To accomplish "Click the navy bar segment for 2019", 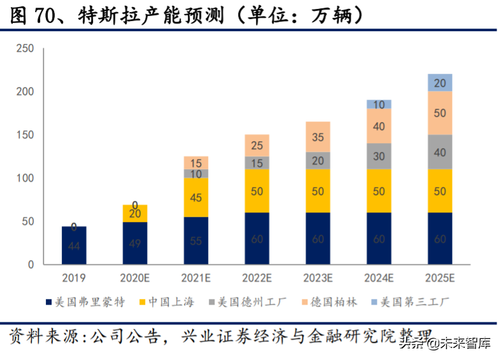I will pyautogui.click(x=74, y=246).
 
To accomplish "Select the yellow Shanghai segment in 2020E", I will pyautogui.click(x=134, y=214).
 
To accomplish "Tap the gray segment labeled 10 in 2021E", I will pyautogui.click(x=195, y=174).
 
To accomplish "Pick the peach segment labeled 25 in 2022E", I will pyautogui.click(x=257, y=146).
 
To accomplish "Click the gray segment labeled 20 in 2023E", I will pyautogui.click(x=318, y=160).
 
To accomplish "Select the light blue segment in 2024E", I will pyautogui.click(x=379, y=104).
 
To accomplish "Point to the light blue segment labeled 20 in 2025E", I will pyautogui.click(x=440, y=83).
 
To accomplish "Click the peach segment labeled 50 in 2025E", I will pyautogui.click(x=440, y=113).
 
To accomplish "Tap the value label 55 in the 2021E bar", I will pyautogui.click(x=195, y=241).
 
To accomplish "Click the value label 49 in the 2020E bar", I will pyautogui.click(x=134, y=244).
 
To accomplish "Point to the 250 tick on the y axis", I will pyautogui.click(x=25, y=49).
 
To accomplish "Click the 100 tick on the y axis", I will pyautogui.click(x=25, y=178).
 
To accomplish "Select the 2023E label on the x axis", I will pyautogui.click(x=318, y=278).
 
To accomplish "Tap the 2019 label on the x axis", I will pyautogui.click(x=74, y=278).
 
